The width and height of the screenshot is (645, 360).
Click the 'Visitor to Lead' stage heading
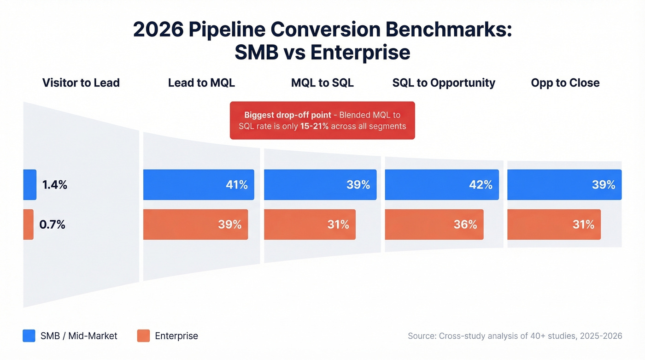click(x=81, y=83)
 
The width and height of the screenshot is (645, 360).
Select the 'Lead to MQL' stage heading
click(x=201, y=83)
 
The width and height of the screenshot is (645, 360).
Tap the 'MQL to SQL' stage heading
click(x=322, y=83)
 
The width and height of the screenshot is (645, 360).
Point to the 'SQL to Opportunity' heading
click(x=444, y=83)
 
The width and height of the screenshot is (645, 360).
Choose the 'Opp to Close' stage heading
click(x=565, y=83)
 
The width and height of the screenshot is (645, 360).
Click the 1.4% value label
click(x=55, y=185)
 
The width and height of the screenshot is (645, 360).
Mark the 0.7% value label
click(x=53, y=224)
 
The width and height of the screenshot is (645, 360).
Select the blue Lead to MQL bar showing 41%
click(x=199, y=185)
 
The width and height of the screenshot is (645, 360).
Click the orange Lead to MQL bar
click(x=195, y=224)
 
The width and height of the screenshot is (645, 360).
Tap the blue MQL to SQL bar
click(x=320, y=185)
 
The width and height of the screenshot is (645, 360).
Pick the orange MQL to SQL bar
click(x=310, y=224)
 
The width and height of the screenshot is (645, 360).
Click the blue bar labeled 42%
click(x=441, y=185)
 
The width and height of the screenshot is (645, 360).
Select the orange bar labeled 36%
click(x=434, y=224)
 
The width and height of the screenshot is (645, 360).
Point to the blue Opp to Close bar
click(x=564, y=185)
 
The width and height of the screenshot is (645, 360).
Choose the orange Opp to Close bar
click(x=554, y=224)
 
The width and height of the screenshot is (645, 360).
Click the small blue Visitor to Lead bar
click(x=29, y=185)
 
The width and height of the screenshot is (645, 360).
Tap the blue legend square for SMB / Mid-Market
click(x=29, y=336)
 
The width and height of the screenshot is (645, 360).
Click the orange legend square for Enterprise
click(x=143, y=336)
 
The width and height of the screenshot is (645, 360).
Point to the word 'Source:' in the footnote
click(x=422, y=336)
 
